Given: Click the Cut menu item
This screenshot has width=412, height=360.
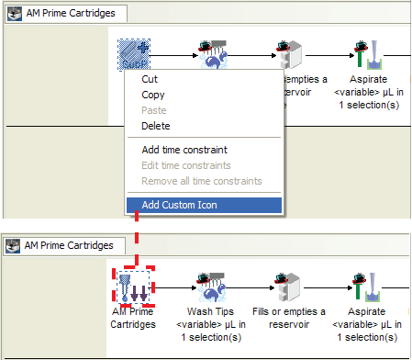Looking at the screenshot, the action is coord(150,79).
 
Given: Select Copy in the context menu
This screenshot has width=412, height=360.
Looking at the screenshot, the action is coord(153,95).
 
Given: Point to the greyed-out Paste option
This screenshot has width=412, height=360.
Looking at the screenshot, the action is coord(154,110).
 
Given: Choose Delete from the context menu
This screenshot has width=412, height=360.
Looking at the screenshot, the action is coord(156,126).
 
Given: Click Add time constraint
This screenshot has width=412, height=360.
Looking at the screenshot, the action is coord(184,150).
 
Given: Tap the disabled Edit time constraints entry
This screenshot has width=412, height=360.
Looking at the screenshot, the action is coord(186,165).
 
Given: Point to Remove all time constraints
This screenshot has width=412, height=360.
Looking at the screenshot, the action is coord(202,181).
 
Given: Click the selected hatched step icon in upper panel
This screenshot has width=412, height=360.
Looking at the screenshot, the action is coord(134,54).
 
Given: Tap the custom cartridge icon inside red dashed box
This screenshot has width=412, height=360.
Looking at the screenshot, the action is coord(134,287).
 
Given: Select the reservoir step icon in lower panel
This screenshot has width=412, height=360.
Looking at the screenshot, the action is coord(288,287).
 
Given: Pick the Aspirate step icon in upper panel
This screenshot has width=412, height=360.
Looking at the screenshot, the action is coord(369,55).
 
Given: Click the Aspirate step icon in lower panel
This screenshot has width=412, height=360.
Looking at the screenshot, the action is coord(367,287).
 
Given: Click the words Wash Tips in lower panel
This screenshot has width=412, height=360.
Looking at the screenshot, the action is coord(210,311).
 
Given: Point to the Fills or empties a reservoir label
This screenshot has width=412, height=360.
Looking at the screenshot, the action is coord(289,318).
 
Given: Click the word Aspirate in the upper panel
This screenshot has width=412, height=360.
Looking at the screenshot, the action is coord(368,79).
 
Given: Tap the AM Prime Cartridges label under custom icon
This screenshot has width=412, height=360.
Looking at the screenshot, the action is coord(133,318).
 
